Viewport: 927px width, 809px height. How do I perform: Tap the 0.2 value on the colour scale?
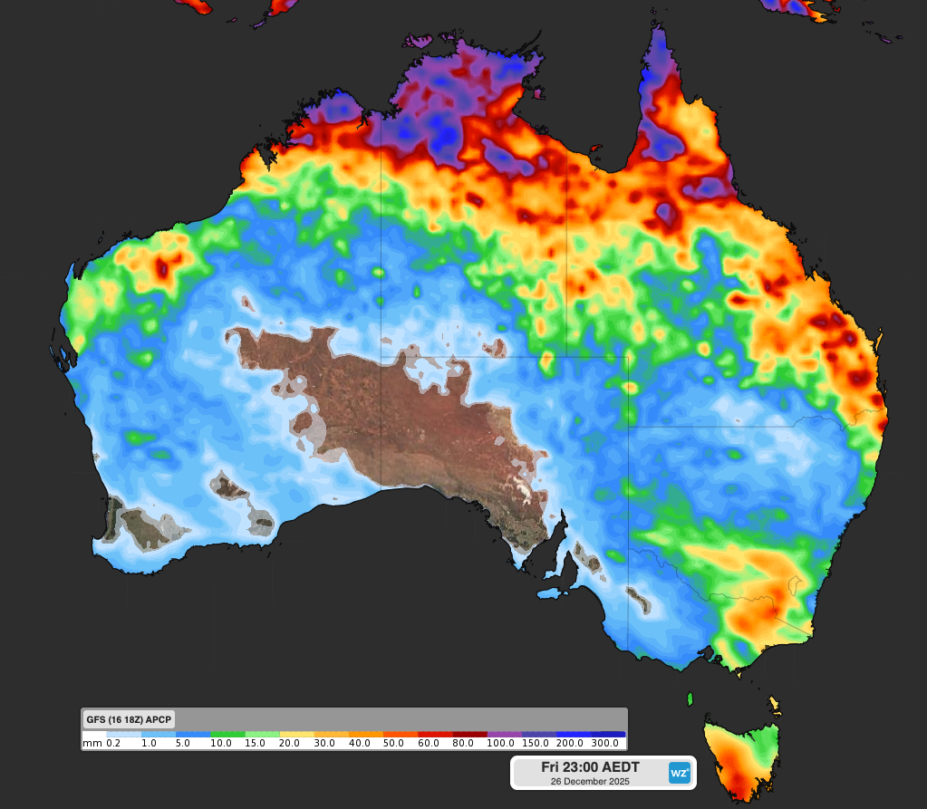pos(113,743)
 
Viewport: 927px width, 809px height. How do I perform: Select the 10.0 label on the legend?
pos(221,743)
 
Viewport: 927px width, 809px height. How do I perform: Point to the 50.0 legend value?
pos(394,743)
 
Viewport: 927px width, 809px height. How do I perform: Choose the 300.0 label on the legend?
pos(605,743)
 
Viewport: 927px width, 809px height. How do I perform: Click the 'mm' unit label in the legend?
pos(92,743)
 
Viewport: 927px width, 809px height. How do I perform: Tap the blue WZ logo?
pos(679,773)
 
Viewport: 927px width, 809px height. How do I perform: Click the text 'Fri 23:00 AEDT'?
pos(590,767)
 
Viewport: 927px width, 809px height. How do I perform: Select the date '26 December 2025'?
pos(590,781)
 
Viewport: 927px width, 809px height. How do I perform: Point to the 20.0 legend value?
pos(290,743)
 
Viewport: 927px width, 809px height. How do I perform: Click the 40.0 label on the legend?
pos(360,743)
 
